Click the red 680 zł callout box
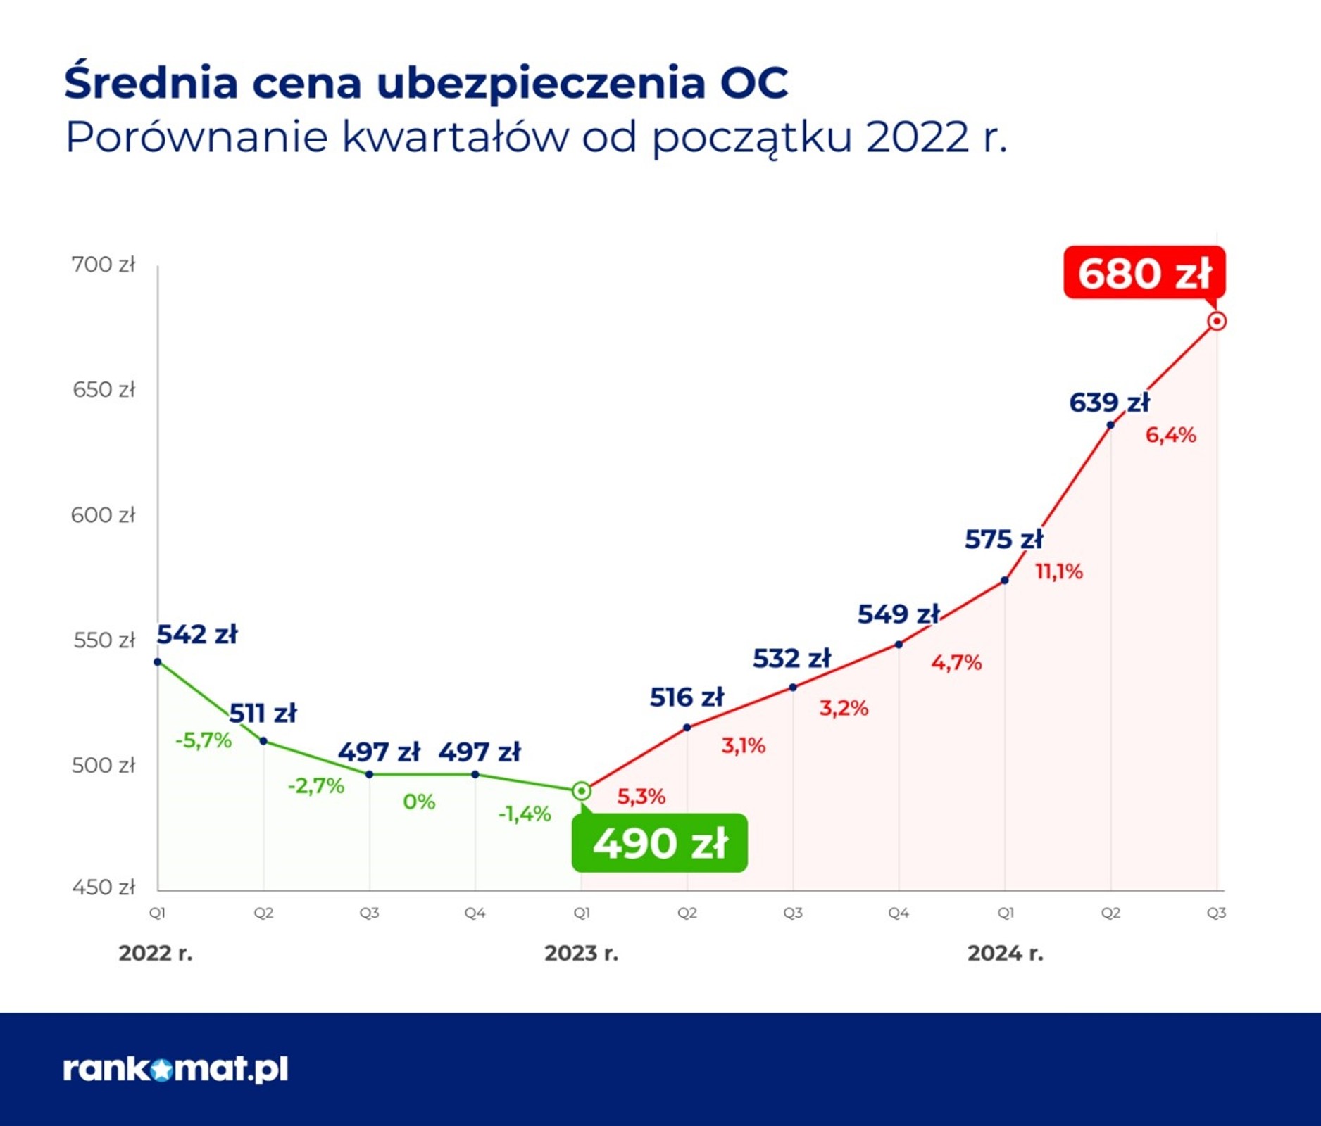click(1144, 272)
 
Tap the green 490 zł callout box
click(659, 843)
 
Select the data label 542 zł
click(197, 634)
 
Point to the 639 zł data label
click(1109, 403)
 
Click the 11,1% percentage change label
click(1058, 571)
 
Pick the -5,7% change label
click(204, 740)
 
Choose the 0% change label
click(419, 802)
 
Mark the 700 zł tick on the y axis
click(103, 265)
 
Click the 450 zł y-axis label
click(103, 887)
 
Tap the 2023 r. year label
click(581, 953)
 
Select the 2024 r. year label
click(1005, 953)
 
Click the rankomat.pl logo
click(176, 1068)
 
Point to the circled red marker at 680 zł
click(1217, 321)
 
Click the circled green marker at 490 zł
click(581, 791)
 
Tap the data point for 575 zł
click(1005, 581)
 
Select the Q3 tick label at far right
click(1216, 913)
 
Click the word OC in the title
click(753, 83)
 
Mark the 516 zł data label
click(687, 697)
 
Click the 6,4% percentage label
click(1170, 435)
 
